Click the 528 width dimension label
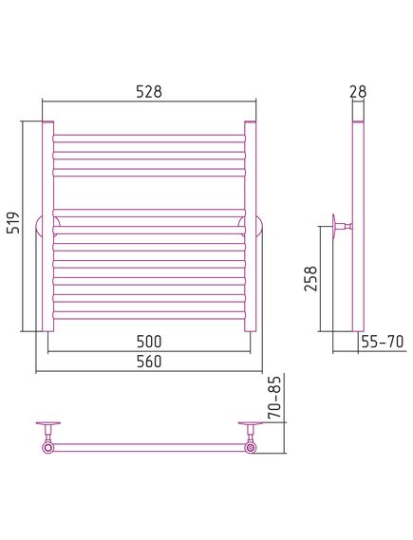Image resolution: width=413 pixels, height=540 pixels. (x=149, y=92)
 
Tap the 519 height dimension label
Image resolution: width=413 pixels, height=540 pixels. (x=14, y=223)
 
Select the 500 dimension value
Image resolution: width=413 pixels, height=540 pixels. (x=149, y=342)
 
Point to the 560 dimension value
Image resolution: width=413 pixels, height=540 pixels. (x=149, y=362)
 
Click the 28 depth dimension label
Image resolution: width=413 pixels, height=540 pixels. (x=358, y=92)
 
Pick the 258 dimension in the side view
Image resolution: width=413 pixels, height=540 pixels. (x=310, y=279)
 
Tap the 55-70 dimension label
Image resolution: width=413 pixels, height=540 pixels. (x=383, y=342)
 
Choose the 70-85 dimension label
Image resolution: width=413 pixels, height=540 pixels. (x=274, y=397)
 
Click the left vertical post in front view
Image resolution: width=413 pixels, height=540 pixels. (x=47, y=226)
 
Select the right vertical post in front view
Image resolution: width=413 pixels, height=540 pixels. (x=251, y=226)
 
